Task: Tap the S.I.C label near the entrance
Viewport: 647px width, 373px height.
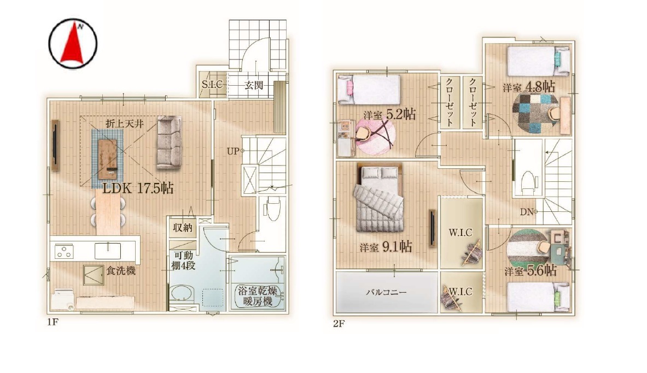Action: pos(212,85)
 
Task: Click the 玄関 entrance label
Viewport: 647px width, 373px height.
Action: pos(253,85)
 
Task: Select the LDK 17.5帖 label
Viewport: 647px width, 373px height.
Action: pos(138,188)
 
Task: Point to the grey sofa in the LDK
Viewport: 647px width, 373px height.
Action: pos(169,142)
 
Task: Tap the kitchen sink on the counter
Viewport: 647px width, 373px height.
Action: pos(108,251)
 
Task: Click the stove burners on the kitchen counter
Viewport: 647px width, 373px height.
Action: pos(65,251)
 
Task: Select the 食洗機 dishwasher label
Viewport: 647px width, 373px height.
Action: pos(121,271)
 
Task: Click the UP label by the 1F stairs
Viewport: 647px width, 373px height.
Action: pos(233,151)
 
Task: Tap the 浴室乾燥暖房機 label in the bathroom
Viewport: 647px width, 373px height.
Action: pos(258,296)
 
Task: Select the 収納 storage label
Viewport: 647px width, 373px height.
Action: pos(182,228)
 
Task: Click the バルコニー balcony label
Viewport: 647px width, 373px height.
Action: pos(386,292)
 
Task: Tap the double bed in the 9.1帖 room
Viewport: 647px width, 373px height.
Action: pos(379,198)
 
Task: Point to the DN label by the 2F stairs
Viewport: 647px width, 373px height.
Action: pos(527,212)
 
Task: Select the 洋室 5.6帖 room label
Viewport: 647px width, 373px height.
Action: pos(530,270)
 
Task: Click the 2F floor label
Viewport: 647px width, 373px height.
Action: pos(339,323)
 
